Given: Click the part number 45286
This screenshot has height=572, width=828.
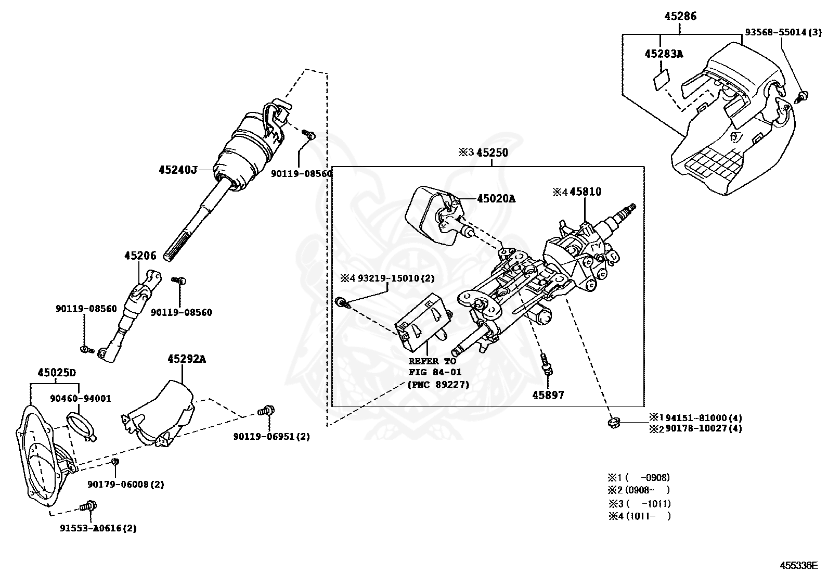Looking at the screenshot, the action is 680,16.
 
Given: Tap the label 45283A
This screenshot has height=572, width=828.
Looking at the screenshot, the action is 664,54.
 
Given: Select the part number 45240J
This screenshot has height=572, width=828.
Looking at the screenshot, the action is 178,170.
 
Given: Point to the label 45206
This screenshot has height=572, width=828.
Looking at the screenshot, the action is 140,255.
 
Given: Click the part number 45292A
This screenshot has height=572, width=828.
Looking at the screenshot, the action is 187,359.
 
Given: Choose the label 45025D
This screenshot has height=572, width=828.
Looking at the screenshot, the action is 57,373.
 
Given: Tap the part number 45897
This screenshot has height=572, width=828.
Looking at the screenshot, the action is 548,395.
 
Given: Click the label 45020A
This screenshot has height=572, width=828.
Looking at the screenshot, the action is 496,199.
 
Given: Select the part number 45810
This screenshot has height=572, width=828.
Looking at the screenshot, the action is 586,192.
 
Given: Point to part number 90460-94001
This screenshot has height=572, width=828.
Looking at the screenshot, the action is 81,399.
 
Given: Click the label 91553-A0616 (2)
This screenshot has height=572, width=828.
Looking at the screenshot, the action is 98,528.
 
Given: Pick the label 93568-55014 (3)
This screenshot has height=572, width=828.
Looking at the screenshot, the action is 783,32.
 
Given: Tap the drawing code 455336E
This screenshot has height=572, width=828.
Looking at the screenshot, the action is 799,565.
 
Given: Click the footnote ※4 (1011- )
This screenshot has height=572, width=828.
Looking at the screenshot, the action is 640,516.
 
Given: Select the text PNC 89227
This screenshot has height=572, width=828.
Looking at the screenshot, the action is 438,385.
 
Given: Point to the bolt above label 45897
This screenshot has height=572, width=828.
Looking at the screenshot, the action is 546,364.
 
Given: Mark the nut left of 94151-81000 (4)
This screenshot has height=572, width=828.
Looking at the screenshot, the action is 614,423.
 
